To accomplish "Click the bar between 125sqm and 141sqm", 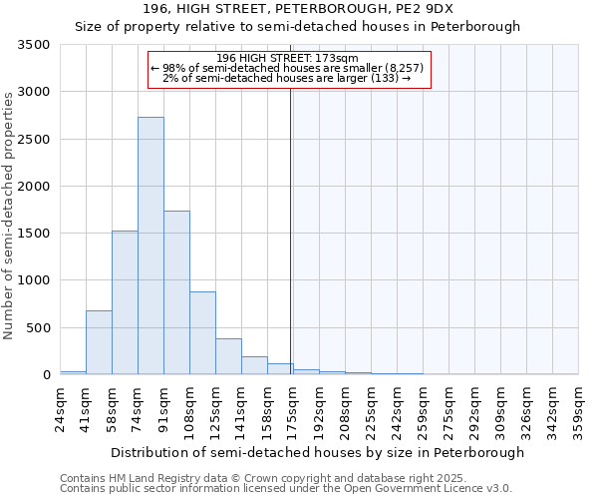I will tap(228, 356).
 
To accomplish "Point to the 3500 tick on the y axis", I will tap(35, 45).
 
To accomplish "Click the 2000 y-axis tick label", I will tap(35, 187).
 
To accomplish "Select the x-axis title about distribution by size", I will tap(317, 452).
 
